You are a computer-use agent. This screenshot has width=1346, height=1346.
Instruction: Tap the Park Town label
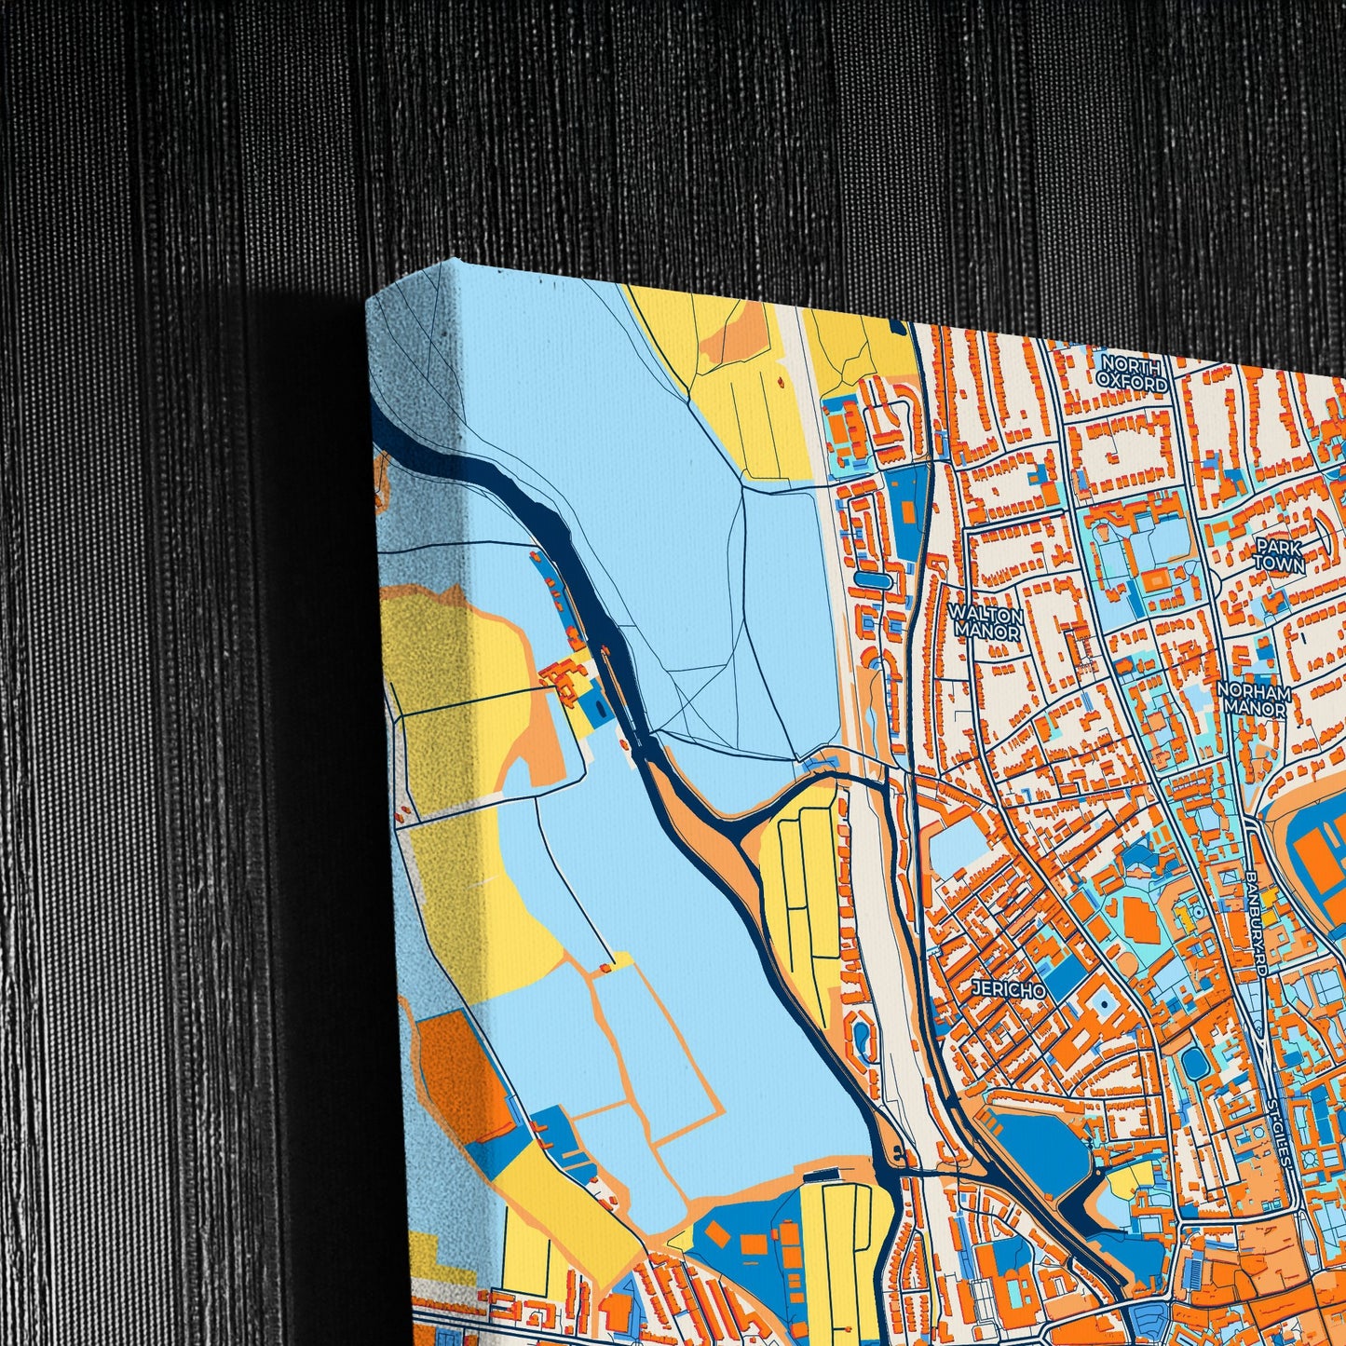coord(1278,554)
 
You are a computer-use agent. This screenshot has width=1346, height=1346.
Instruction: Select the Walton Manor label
coord(985,622)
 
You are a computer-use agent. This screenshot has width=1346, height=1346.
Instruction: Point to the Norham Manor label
coord(1257,700)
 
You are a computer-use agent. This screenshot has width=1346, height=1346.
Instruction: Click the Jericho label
coord(1008,989)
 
